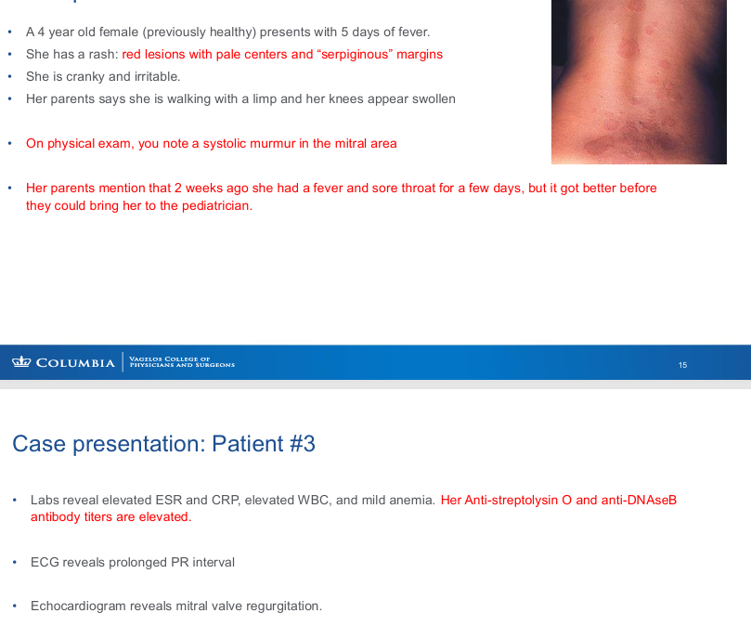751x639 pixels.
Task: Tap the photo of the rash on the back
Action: pos(639,82)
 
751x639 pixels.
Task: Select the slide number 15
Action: pos(682,365)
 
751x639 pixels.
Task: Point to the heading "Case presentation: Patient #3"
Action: pos(163,444)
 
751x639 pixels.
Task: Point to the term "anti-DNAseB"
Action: pos(639,500)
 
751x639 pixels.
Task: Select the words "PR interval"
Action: pos(204,562)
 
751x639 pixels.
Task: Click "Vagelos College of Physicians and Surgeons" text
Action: pos(182,362)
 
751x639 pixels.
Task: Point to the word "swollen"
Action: pos(433,98)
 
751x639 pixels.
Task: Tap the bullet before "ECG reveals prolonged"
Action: pos(15,562)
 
